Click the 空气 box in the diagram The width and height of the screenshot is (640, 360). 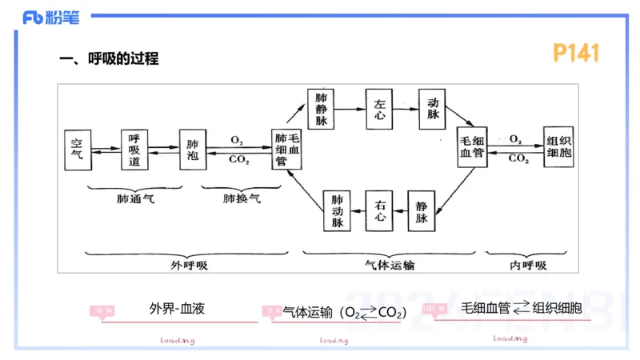pyautogui.click(x=78, y=148)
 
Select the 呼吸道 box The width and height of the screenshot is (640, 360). pyautogui.click(x=134, y=148)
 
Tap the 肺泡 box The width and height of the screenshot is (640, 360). pyautogui.click(x=191, y=148)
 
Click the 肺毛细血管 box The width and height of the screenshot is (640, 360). pyautogui.click(x=287, y=148)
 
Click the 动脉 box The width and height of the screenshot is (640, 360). pyautogui.click(x=433, y=109)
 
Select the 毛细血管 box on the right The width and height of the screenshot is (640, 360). pyautogui.click(x=472, y=148)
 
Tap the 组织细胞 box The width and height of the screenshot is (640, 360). pyautogui.click(x=558, y=148)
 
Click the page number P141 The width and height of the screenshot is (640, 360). pyautogui.click(x=576, y=53)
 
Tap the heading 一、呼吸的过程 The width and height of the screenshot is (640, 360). pyautogui.click(x=110, y=58)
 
